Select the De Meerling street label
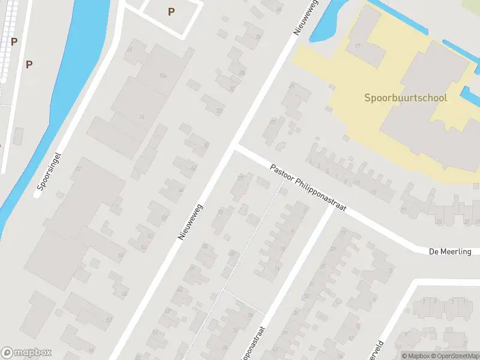click(x=450, y=251)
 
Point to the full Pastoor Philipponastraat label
click(x=308, y=189)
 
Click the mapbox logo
click(x=26, y=353)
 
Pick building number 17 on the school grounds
click(x=358, y=46)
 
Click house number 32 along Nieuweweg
click(x=219, y=110)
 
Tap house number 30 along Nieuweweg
click(x=232, y=88)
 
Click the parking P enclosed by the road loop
click(x=171, y=11)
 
